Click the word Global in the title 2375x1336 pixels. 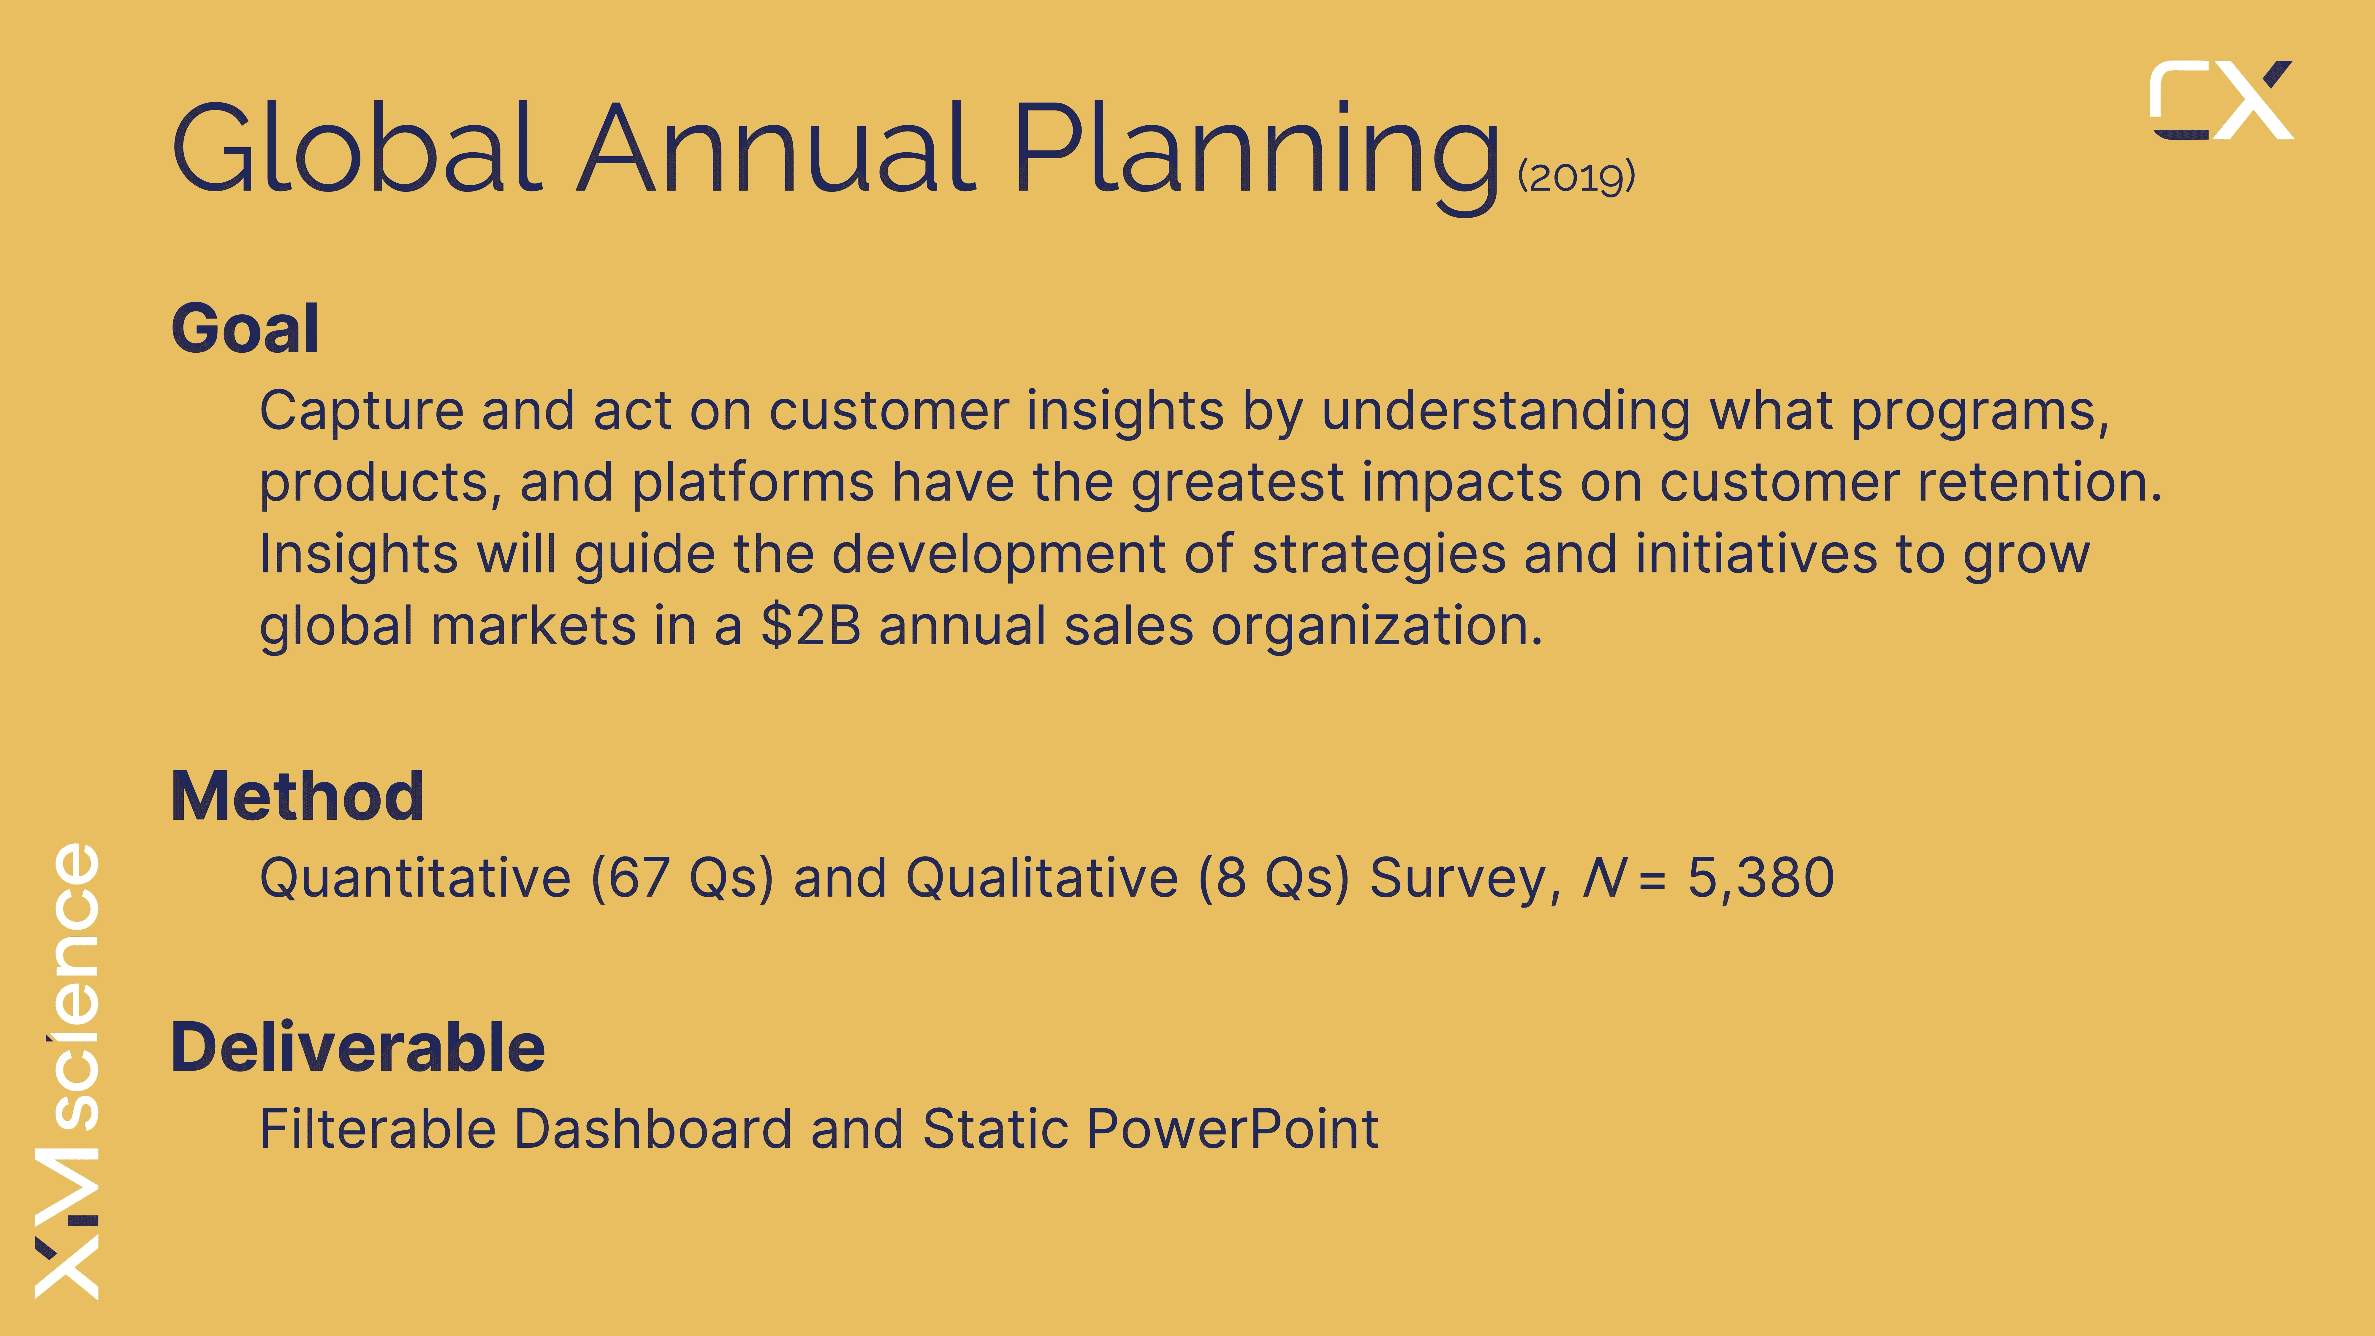tap(357, 148)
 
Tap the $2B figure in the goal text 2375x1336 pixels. tap(810, 626)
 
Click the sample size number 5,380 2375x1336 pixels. tap(1761, 878)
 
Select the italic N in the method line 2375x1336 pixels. tap(1604, 878)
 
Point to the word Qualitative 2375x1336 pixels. tap(1042, 878)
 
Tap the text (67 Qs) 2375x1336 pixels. tap(682, 878)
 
